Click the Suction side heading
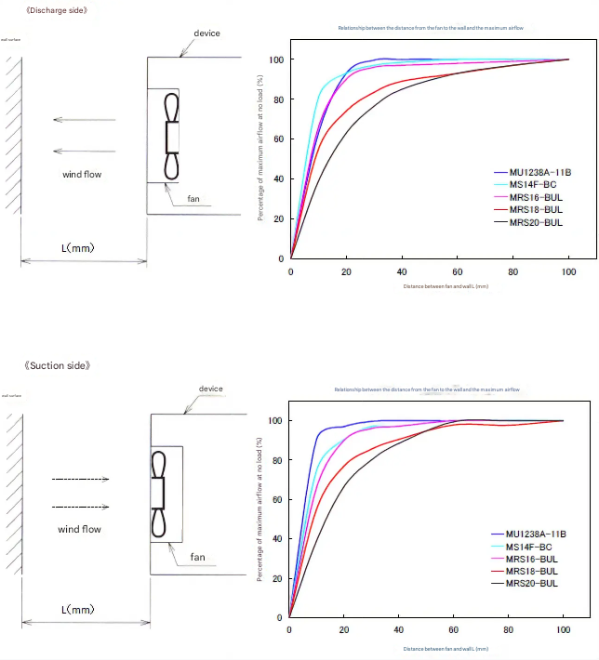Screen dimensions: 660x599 click(x=58, y=365)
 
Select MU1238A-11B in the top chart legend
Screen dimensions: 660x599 click(x=536, y=173)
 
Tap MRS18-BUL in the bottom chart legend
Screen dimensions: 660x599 click(x=532, y=571)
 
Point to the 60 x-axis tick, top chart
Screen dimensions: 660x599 click(x=457, y=271)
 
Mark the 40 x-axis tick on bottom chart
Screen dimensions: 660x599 click(x=398, y=630)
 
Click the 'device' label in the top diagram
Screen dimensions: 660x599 click(x=206, y=33)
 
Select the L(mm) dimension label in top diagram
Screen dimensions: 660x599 click(x=77, y=248)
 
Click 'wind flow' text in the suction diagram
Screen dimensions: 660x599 click(x=80, y=529)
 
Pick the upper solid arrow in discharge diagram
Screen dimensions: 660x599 click(x=85, y=120)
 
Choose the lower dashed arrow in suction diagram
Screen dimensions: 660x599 click(x=81, y=507)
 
